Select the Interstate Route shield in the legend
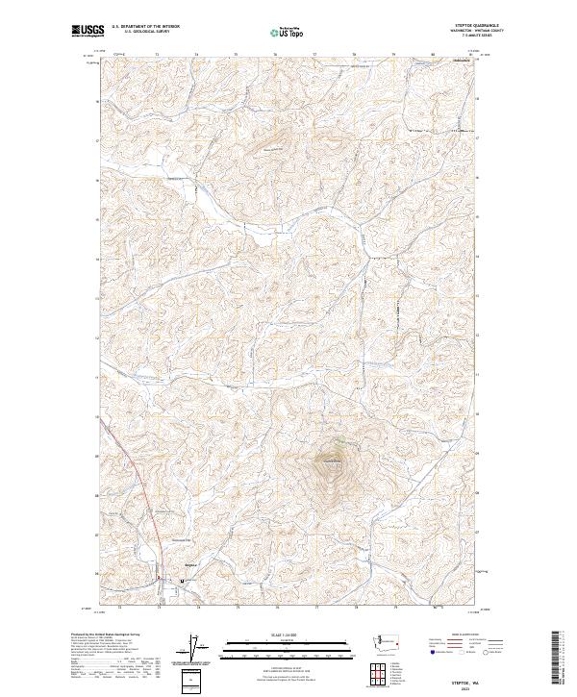point(432,652)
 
